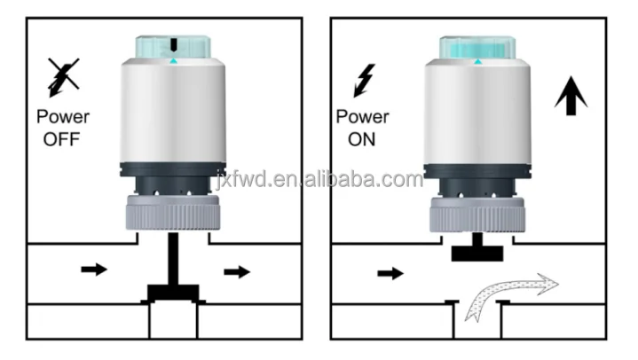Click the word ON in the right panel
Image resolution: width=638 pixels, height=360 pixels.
[x=361, y=139]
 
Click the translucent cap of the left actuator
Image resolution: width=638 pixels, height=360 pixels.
[x=173, y=48]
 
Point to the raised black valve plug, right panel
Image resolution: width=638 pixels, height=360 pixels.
[x=477, y=252]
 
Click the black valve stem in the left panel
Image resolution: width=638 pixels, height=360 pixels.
[x=174, y=262]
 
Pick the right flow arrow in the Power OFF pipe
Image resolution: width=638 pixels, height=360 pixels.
[x=237, y=271]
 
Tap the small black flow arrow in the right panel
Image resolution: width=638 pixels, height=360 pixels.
[x=390, y=273]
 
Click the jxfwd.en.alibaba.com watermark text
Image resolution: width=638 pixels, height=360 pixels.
[x=319, y=180]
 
